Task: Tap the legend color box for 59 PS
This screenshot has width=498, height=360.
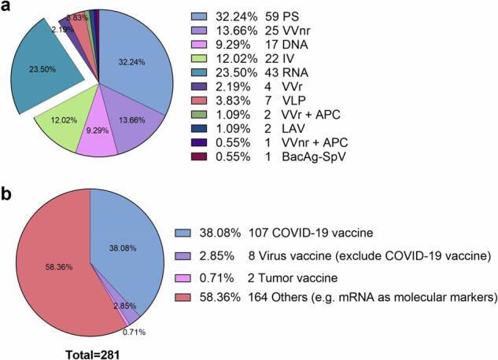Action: pos(201,16)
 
